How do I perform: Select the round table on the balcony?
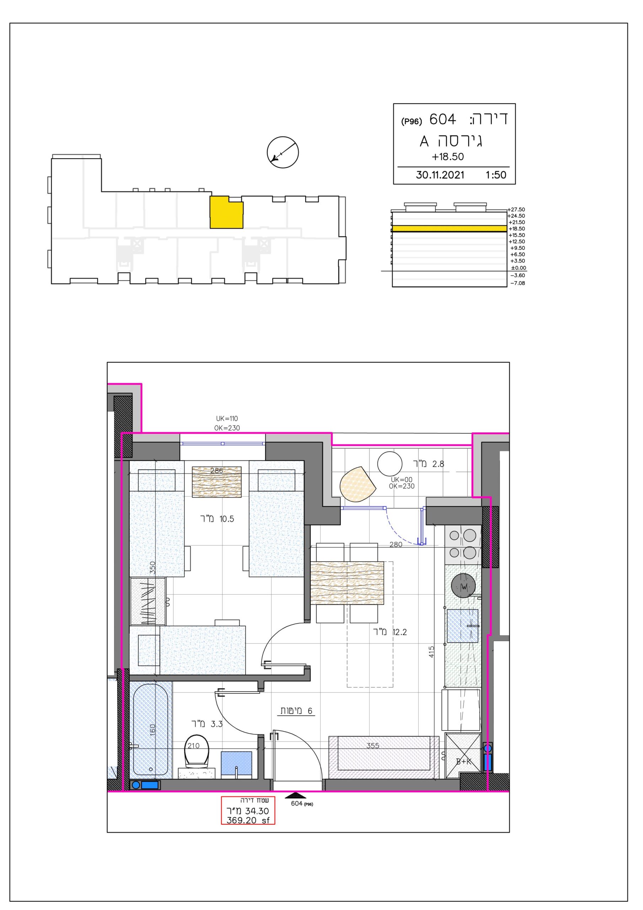390,464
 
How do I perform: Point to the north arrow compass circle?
283,152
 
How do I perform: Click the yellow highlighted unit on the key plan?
226,212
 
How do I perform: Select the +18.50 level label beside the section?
517,229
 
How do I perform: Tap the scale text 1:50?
496,175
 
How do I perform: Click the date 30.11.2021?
440,175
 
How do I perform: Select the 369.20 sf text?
248,820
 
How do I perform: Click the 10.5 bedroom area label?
227,519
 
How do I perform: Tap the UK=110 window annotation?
227,418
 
